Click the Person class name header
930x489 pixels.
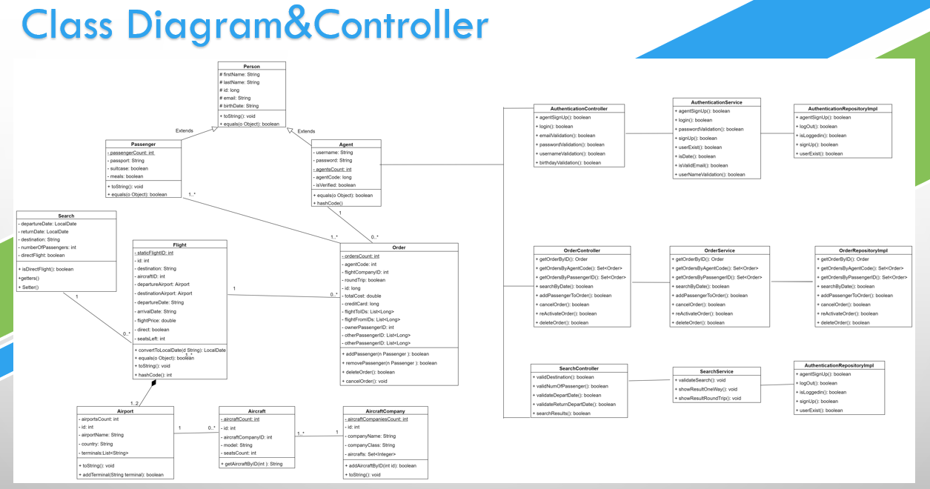click(x=251, y=67)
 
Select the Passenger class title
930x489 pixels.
click(x=143, y=144)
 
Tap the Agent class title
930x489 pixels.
click(x=346, y=144)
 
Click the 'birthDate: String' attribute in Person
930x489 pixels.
click(x=239, y=106)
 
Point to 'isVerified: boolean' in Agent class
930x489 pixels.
click(x=336, y=185)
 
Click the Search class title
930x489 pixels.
click(x=66, y=216)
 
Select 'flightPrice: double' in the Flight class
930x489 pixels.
click(x=157, y=321)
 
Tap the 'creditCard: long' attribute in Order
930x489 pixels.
click(x=361, y=304)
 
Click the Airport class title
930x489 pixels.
click(x=125, y=411)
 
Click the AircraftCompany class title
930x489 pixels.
click(x=385, y=411)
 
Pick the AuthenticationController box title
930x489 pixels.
click(x=579, y=108)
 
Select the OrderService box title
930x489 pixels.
click(x=720, y=250)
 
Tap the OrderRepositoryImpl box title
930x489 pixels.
click(x=863, y=250)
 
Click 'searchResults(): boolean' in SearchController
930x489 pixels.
click(x=562, y=413)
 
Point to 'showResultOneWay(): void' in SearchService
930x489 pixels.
click(x=708, y=389)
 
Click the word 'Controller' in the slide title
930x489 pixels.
click(x=400, y=25)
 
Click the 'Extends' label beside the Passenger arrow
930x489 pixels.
click(x=185, y=131)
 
